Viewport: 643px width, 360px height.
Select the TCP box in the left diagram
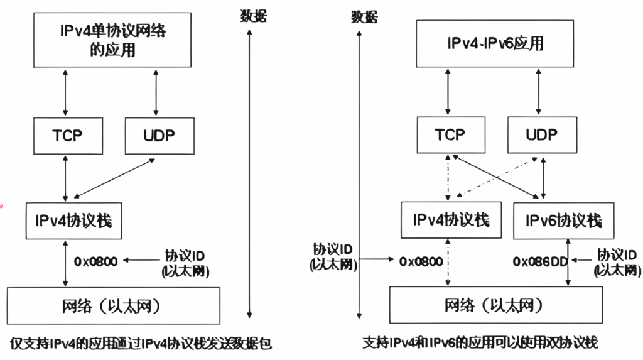click(67, 135)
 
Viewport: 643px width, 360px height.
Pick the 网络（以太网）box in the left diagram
click(113, 306)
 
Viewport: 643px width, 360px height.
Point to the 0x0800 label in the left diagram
click(96, 261)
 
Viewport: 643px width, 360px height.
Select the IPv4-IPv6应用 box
click(495, 43)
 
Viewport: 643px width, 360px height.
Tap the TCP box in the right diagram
click(450, 134)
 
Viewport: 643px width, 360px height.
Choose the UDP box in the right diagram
click(541, 134)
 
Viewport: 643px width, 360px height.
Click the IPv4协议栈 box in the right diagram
click(451, 220)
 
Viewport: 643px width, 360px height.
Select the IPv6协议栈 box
click(563, 221)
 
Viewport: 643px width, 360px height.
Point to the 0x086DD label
click(540, 261)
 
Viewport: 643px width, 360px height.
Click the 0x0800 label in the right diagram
click(421, 261)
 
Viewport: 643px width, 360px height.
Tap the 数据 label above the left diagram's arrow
click(253, 15)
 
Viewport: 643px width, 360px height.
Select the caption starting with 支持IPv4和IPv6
click(480, 343)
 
